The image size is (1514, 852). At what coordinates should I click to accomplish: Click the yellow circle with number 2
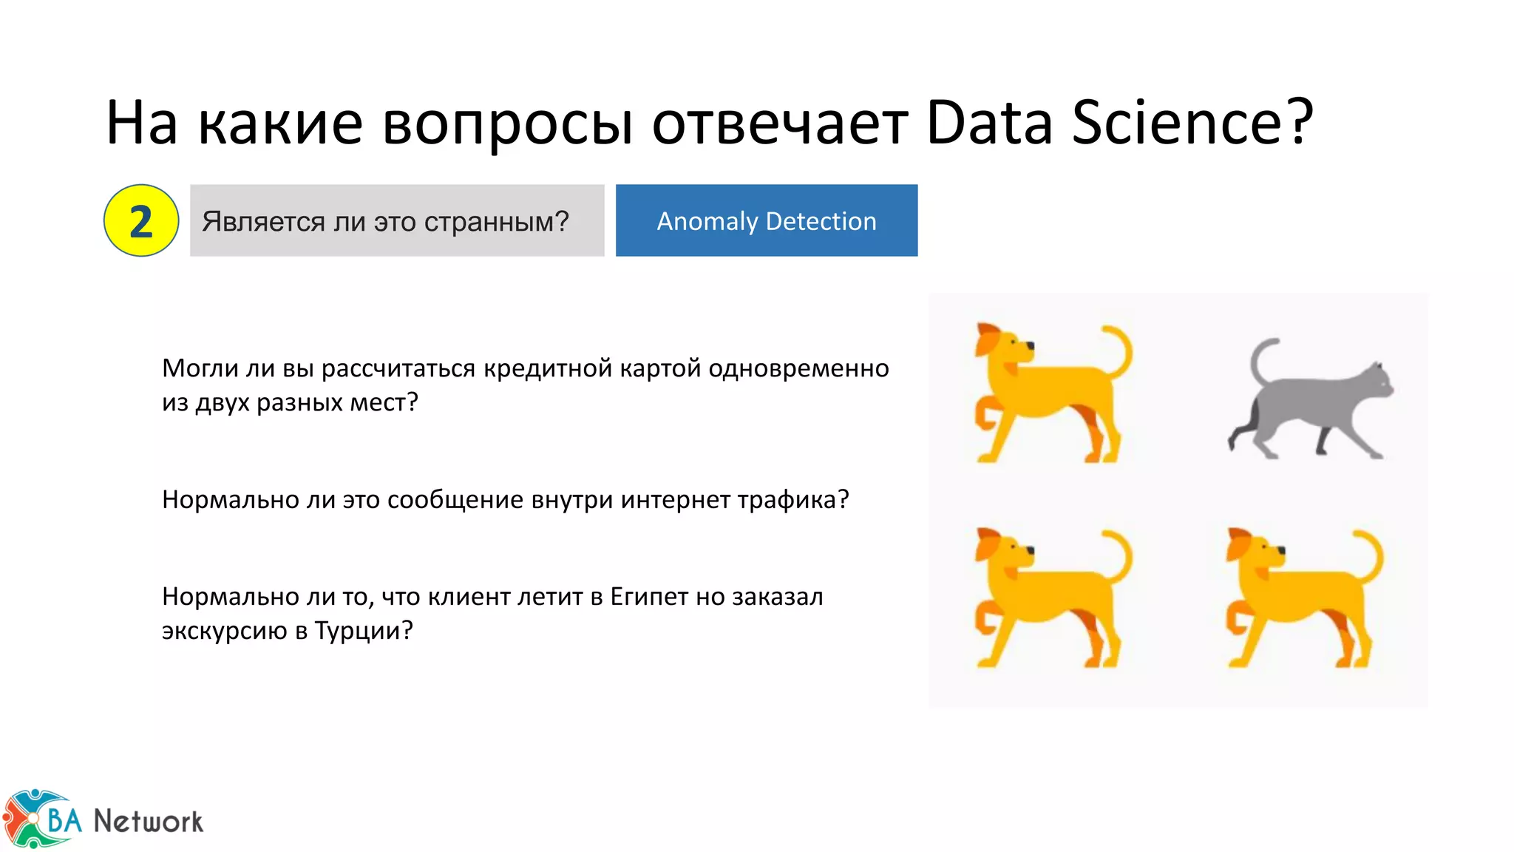tap(141, 220)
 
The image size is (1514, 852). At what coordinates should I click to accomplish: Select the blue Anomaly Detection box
tap(766, 220)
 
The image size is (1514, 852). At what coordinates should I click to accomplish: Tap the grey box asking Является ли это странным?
tap(396, 220)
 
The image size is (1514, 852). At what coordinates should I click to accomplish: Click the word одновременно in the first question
tap(798, 368)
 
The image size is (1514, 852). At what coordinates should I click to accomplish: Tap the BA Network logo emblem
tap(37, 818)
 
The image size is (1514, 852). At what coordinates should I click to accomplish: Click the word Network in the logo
tap(148, 821)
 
